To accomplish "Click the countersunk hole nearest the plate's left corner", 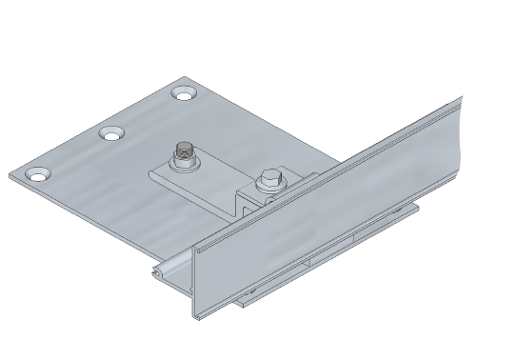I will (x=36, y=174).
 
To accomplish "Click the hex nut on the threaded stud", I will (x=185, y=156).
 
